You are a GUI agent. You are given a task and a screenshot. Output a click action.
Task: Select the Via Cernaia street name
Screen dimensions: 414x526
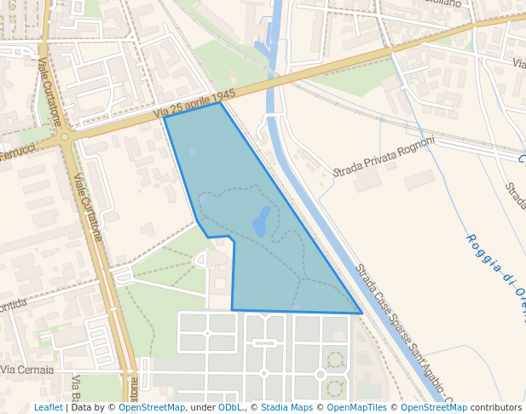27,371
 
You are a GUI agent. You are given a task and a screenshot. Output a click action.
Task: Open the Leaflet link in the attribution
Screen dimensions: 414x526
48,407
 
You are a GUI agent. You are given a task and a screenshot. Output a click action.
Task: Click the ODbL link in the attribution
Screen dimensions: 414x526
229,407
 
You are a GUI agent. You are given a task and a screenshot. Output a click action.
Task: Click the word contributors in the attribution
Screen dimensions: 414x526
495,407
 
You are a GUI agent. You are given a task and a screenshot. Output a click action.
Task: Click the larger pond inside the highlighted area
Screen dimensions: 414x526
262,221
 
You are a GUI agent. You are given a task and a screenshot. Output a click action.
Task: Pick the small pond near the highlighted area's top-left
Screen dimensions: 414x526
192,152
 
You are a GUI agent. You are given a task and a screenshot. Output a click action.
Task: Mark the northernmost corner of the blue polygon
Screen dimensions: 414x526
221,102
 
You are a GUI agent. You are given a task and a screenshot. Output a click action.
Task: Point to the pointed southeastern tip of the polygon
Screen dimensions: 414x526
361,313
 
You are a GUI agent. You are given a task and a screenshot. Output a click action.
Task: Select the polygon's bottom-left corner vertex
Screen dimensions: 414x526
232,309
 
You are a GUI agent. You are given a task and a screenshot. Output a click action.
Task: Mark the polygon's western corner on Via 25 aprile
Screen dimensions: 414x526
164,118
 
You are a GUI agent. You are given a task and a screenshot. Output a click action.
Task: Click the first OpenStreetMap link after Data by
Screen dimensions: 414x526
152,407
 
